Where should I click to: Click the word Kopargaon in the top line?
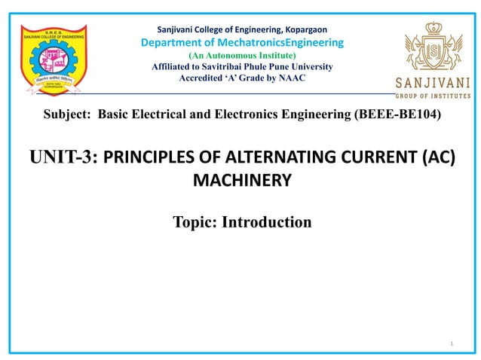[306, 29]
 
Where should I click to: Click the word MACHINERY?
[241, 181]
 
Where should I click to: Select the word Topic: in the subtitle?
[195, 222]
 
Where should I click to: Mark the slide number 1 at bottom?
[450, 343]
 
